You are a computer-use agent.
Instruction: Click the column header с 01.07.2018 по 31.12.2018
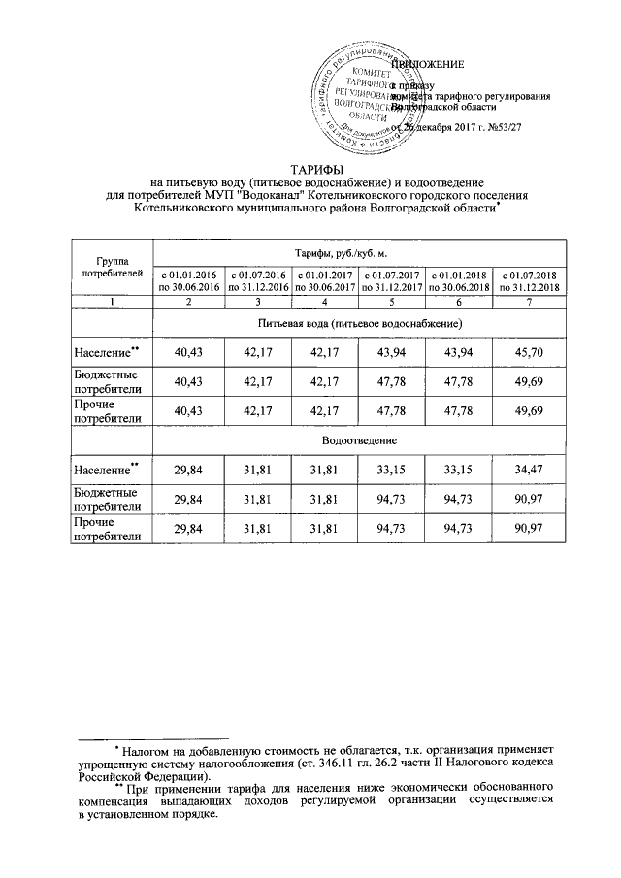click(x=527, y=281)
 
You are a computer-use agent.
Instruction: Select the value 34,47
click(x=527, y=471)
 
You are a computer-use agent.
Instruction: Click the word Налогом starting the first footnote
click(x=149, y=750)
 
